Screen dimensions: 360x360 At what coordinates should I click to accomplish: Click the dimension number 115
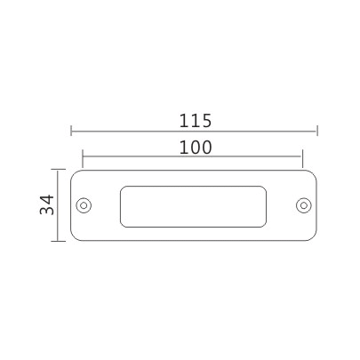(x=194, y=119)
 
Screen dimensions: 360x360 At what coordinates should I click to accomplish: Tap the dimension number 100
(x=194, y=148)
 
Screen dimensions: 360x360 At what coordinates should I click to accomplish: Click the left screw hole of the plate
(x=84, y=205)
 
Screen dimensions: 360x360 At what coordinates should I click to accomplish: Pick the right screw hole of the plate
(x=302, y=205)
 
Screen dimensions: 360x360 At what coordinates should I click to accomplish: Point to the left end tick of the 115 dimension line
(x=71, y=131)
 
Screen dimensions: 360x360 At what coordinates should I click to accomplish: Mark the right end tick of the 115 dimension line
(x=316, y=131)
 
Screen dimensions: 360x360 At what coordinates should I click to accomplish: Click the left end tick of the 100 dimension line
(x=83, y=159)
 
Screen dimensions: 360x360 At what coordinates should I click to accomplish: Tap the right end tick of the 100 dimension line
(x=304, y=159)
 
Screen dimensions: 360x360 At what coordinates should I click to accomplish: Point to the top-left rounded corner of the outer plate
(x=74, y=172)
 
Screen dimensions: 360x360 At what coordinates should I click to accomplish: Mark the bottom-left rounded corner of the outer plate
(x=74, y=238)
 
